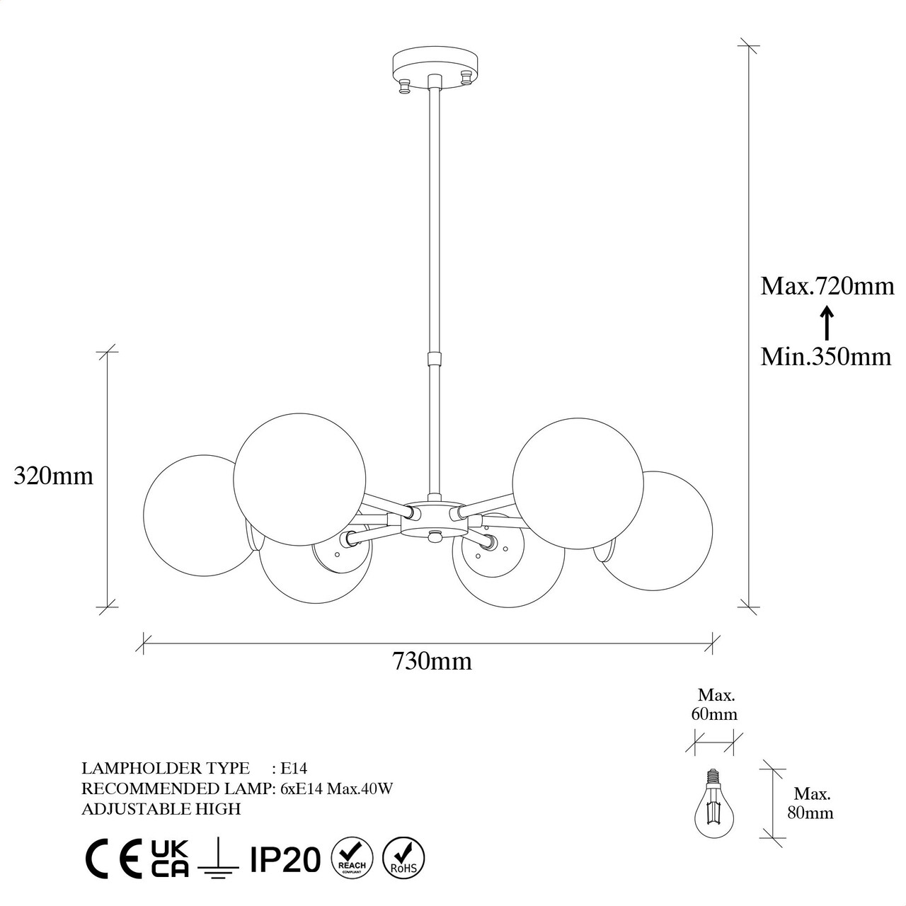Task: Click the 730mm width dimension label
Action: (432, 662)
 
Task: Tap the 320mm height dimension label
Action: (54, 476)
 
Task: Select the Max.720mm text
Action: (827, 287)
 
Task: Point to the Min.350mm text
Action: (826, 357)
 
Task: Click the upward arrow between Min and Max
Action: (827, 323)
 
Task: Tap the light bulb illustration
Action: (713, 810)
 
